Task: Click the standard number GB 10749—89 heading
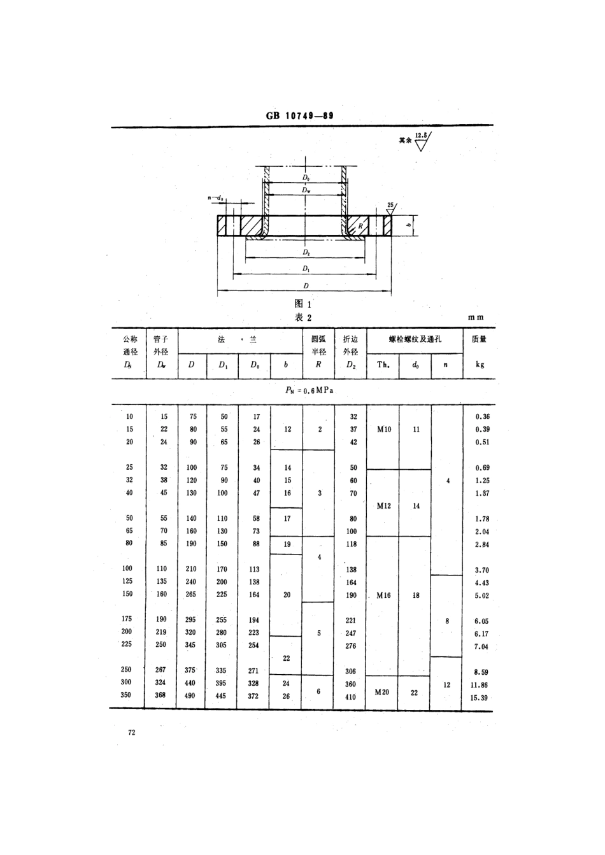click(x=299, y=117)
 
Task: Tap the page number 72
click(x=132, y=733)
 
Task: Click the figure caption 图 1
click(x=302, y=304)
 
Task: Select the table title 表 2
click(x=303, y=318)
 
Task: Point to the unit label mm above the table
click(x=476, y=317)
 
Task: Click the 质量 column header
click(x=479, y=339)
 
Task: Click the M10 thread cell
click(x=383, y=430)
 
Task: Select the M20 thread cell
click(x=382, y=692)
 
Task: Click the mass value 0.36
click(x=482, y=417)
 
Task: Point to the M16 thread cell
click(x=383, y=595)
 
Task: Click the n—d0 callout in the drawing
click(x=216, y=199)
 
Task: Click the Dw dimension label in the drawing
click(x=306, y=190)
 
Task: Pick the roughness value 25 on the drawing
click(x=391, y=205)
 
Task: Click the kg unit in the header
click(x=479, y=365)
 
